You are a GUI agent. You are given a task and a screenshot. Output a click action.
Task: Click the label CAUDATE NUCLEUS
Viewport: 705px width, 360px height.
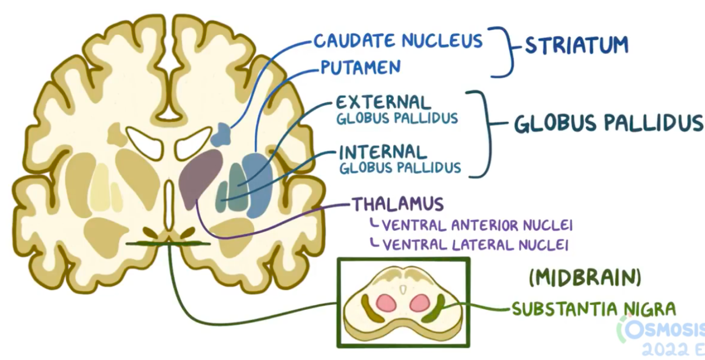(x=398, y=40)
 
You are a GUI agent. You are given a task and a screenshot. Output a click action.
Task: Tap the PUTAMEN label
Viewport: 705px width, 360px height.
(x=360, y=67)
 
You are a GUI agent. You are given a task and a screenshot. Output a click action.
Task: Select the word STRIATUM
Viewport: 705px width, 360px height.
(x=577, y=45)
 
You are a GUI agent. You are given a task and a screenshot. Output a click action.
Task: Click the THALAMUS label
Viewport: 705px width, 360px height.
(x=398, y=204)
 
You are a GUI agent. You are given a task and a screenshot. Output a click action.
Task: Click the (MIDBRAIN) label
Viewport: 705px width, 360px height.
(x=585, y=279)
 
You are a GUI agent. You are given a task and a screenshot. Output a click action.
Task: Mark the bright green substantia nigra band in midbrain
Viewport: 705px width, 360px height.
(x=434, y=310)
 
